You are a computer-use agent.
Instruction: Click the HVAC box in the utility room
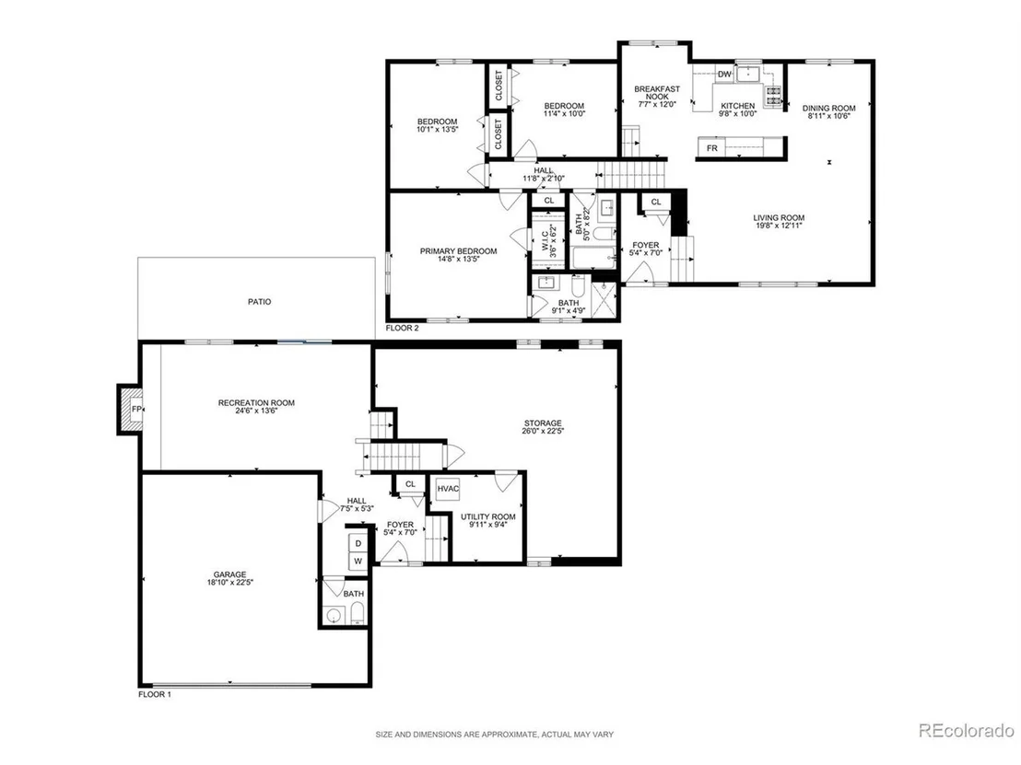[448, 489]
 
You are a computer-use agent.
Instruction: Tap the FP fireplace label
[136, 409]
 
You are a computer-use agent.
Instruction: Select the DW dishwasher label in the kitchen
[724, 75]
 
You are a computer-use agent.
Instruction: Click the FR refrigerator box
[712, 148]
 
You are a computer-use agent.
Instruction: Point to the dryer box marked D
[358, 543]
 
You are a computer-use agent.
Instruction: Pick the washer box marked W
[358, 561]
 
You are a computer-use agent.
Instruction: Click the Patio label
[259, 302]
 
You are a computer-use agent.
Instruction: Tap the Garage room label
[229, 574]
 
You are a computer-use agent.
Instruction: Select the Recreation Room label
[256, 402]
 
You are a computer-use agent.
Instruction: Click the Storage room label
[543, 423]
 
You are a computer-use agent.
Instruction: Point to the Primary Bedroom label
[458, 251]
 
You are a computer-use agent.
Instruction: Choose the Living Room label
[779, 218]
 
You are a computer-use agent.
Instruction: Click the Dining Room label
[829, 108]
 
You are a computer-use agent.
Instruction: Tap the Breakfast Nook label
[657, 92]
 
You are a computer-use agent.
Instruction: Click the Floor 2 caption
[403, 328]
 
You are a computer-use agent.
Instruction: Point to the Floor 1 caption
[155, 694]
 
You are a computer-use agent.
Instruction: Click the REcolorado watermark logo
[967, 731]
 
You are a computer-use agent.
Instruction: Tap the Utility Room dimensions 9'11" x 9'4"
[488, 525]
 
